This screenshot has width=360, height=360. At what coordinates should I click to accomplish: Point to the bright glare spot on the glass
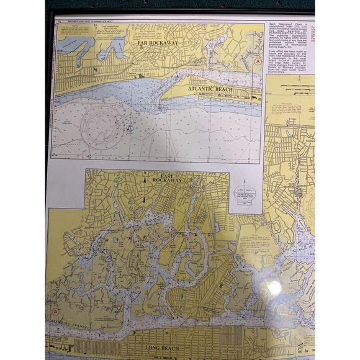[x=271, y=287]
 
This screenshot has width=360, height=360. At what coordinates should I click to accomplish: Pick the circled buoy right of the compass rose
[x=130, y=129]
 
